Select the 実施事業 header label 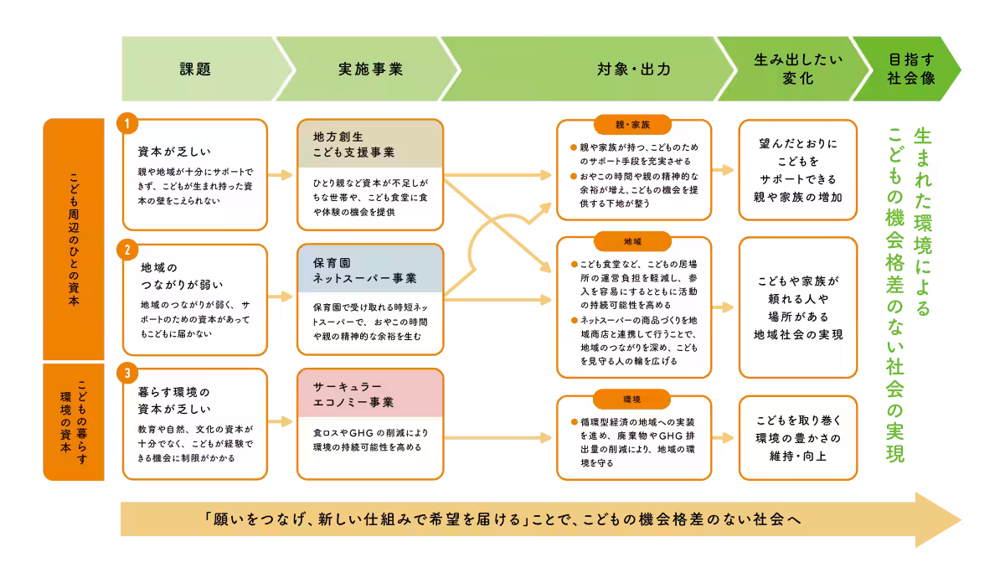pyautogui.click(x=370, y=69)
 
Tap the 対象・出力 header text pyautogui.click(x=634, y=69)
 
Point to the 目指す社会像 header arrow pyautogui.click(x=906, y=69)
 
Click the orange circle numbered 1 pyautogui.click(x=127, y=123)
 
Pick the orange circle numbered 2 pyautogui.click(x=127, y=250)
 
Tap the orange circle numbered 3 pyautogui.click(x=127, y=373)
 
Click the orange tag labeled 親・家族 pyautogui.click(x=632, y=125)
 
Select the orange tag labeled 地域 pyautogui.click(x=632, y=241)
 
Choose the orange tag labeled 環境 pyautogui.click(x=632, y=399)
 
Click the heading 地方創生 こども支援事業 pyautogui.click(x=353, y=144)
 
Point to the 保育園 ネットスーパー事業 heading pyautogui.click(x=365, y=271)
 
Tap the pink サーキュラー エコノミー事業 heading pyautogui.click(x=353, y=394)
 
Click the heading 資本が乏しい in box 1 pyautogui.click(x=174, y=152)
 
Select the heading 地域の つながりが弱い pyautogui.click(x=182, y=276)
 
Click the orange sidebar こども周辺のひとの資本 pyautogui.click(x=74, y=239)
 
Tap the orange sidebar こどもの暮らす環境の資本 pyautogui.click(x=74, y=422)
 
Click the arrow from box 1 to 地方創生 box pyautogui.click(x=281, y=174)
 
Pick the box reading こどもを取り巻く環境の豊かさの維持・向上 pyautogui.click(x=798, y=438)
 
